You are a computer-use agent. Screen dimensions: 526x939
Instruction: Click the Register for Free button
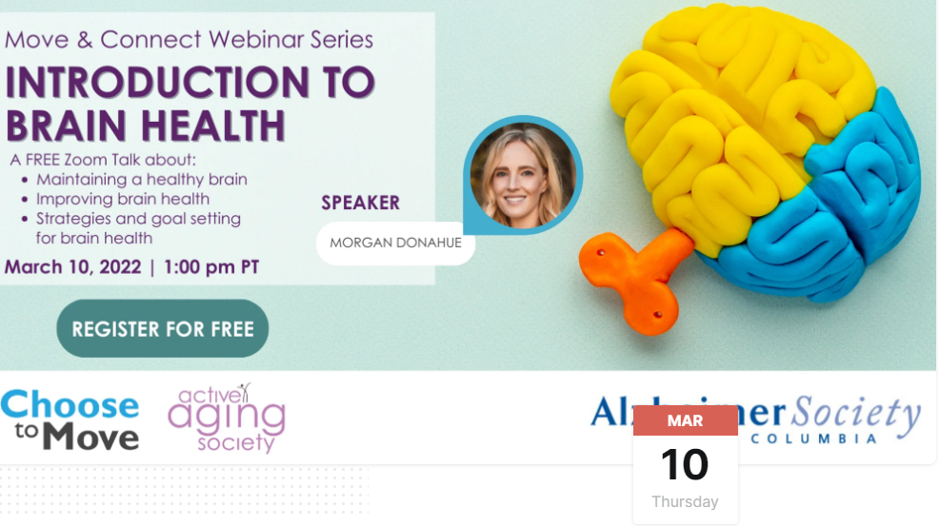[163, 329]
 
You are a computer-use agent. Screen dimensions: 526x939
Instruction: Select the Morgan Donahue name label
[395, 243]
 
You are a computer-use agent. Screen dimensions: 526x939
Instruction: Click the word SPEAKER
[360, 203]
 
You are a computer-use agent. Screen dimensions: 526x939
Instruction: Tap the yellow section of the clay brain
[724, 114]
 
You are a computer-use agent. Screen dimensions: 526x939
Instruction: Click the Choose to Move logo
[70, 419]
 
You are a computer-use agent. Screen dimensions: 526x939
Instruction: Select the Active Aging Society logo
[226, 419]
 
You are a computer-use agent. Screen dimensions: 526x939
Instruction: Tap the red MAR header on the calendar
[685, 420]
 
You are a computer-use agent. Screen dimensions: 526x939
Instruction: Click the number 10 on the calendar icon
[685, 465]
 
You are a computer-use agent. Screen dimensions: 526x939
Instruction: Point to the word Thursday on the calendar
[685, 501]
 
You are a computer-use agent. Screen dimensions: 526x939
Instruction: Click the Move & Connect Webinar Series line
[189, 40]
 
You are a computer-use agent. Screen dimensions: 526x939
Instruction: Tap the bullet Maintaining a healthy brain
[141, 179]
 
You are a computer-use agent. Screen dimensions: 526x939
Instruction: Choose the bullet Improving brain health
[122, 199]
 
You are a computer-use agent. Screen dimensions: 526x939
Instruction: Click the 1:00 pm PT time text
[211, 267]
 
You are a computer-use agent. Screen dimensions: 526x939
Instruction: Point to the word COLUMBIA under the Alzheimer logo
[813, 438]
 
